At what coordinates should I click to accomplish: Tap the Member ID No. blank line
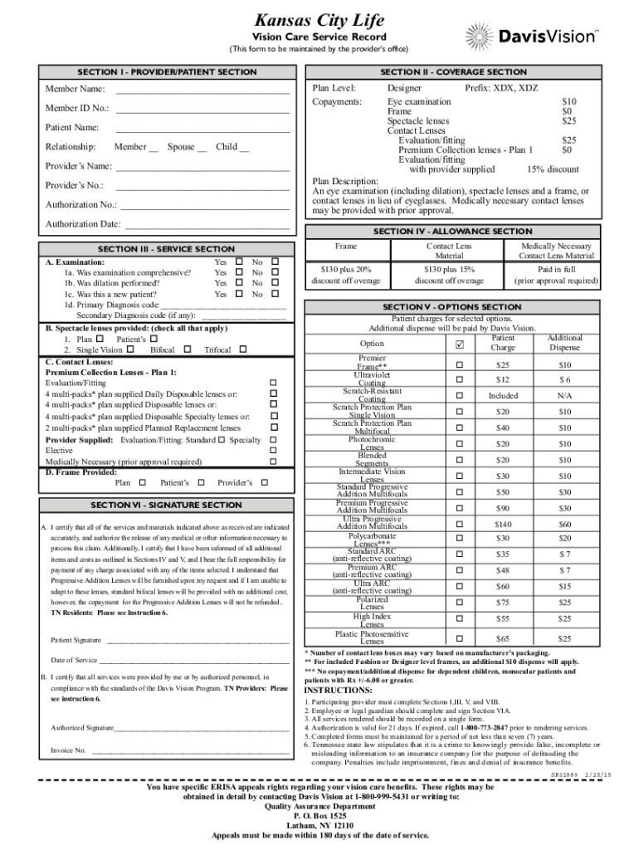tap(202, 109)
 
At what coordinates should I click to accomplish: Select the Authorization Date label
tap(83, 224)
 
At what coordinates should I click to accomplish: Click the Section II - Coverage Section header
tap(454, 72)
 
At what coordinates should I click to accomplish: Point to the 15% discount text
tap(552, 169)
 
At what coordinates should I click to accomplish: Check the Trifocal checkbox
tap(243, 350)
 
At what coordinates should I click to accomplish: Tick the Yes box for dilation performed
tap(239, 283)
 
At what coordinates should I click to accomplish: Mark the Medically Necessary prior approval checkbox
tap(274, 462)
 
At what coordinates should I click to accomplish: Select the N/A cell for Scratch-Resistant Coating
tap(564, 396)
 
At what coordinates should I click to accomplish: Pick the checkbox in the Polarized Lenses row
tap(456, 603)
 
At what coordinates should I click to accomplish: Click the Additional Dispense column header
tap(564, 343)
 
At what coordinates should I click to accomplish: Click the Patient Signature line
tap(196, 640)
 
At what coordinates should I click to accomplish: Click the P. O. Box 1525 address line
tap(319, 816)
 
